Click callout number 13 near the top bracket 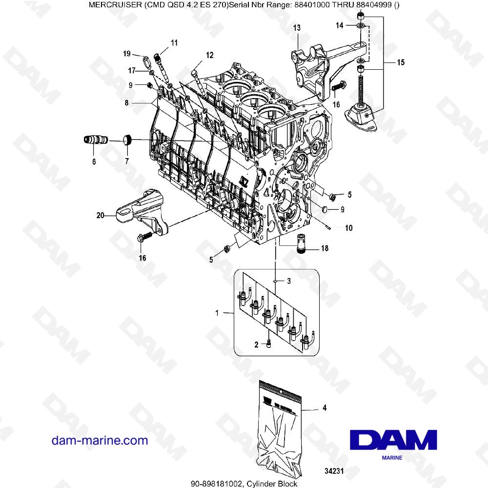click(x=297, y=28)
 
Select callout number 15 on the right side click(x=400, y=62)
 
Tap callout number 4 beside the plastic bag click(x=324, y=407)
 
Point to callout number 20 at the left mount click(x=101, y=214)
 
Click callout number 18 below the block click(x=324, y=248)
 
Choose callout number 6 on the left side click(x=94, y=161)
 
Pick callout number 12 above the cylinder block click(x=209, y=55)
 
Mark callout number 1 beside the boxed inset click(x=217, y=312)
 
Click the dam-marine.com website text click(x=100, y=441)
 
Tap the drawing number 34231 click(x=336, y=471)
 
